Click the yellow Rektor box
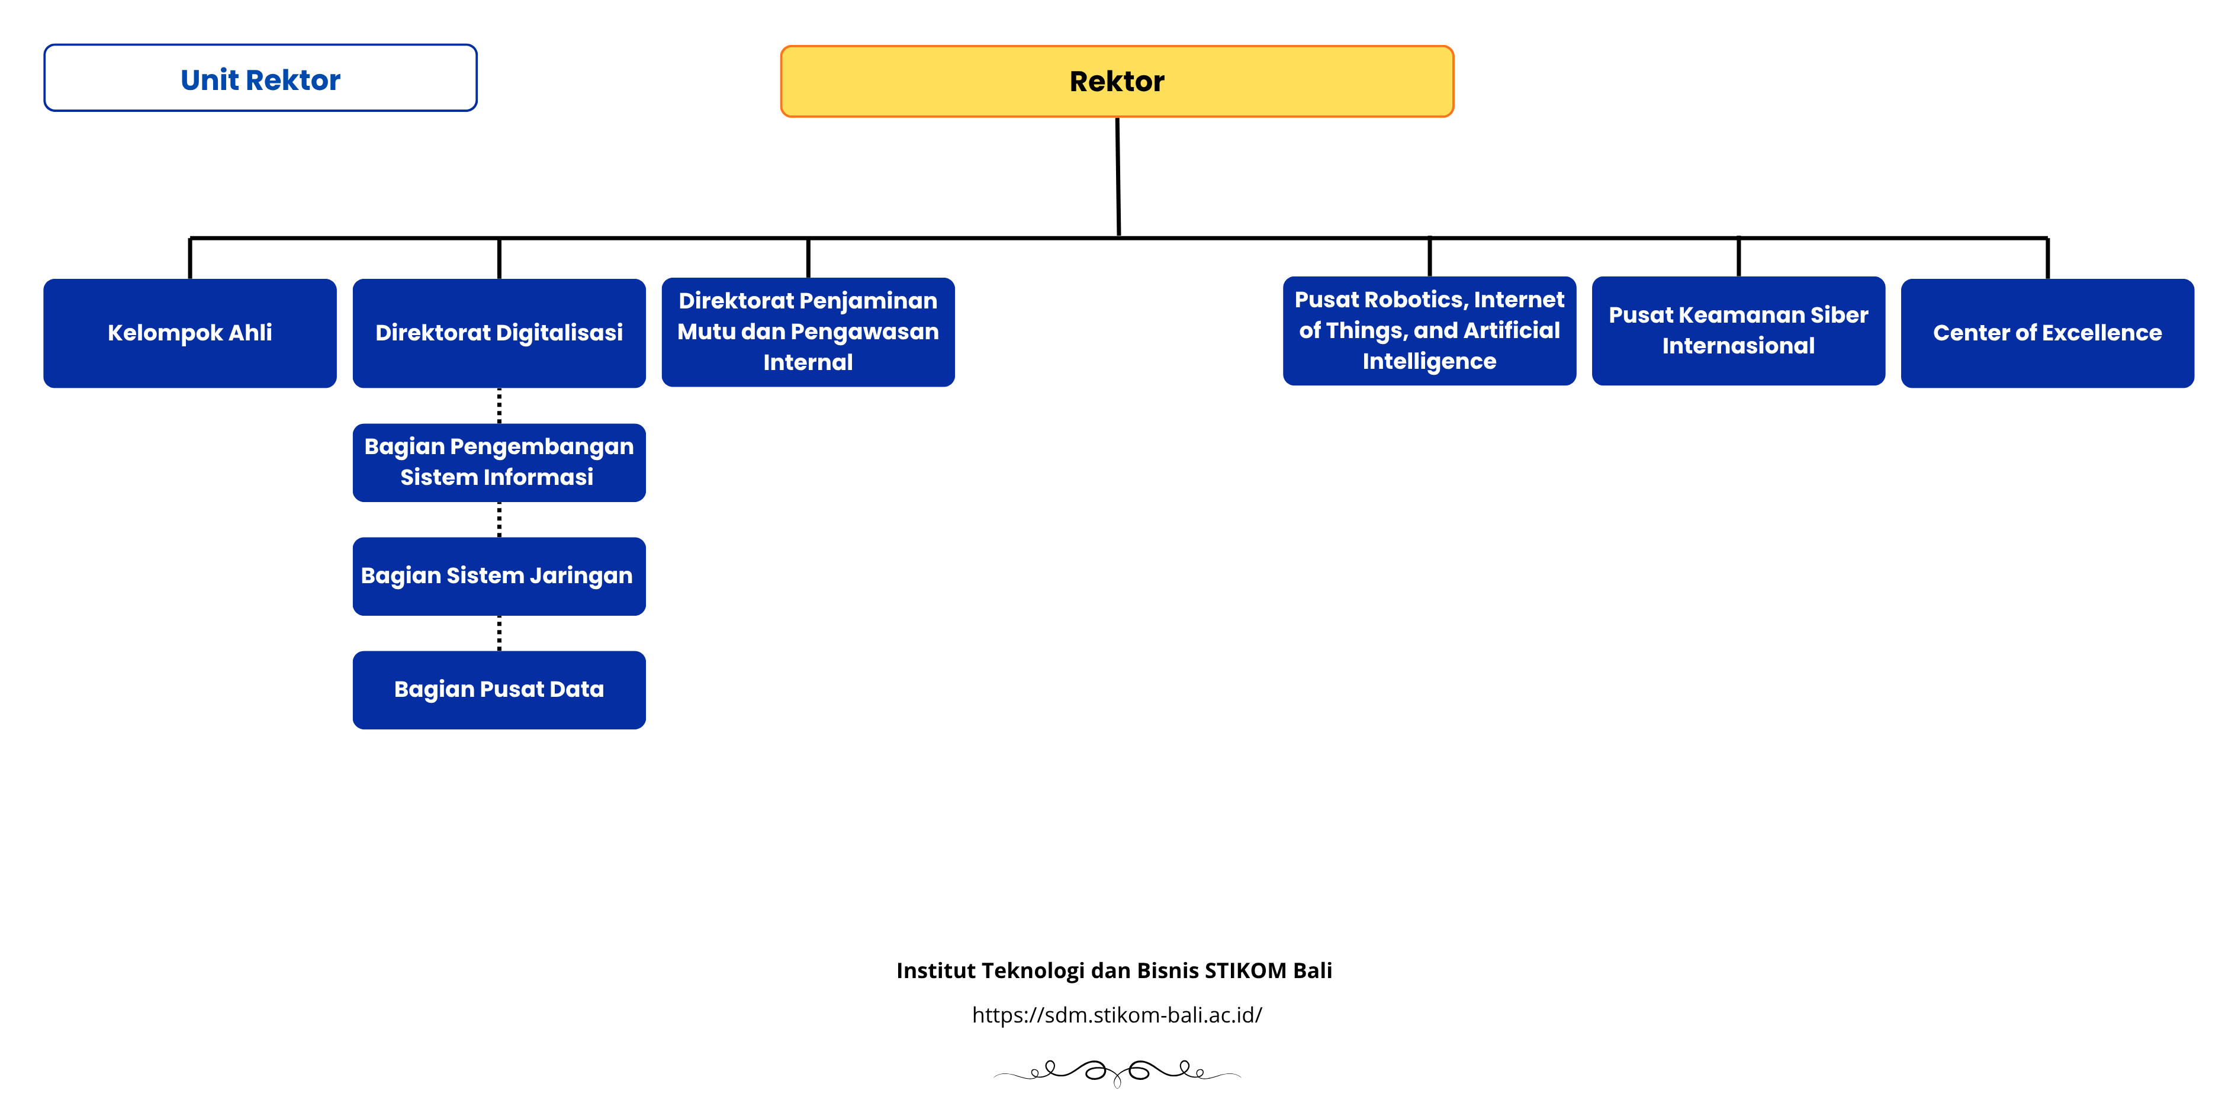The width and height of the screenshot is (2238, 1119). tap(1117, 81)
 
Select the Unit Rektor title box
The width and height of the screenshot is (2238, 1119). tap(260, 78)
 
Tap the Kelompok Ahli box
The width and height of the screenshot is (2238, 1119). tap(189, 333)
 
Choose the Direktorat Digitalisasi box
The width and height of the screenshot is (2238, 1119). tap(499, 333)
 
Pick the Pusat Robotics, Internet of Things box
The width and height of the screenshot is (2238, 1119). tap(1429, 331)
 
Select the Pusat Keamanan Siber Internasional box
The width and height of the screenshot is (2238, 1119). tap(1738, 331)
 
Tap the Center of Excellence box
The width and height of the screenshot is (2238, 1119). tap(2047, 333)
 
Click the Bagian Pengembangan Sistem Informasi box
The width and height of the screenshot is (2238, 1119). tap(499, 462)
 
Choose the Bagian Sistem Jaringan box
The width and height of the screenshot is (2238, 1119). tap(499, 576)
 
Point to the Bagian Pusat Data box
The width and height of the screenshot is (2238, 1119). tap(499, 690)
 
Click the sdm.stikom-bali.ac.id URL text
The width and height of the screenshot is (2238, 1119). tap(1117, 1015)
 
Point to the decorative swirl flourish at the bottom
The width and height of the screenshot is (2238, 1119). tap(1117, 1072)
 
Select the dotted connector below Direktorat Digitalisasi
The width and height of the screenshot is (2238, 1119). tap(499, 406)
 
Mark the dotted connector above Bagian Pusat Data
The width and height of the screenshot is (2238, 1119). tap(499, 634)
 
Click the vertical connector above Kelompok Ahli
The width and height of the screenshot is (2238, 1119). tap(189, 258)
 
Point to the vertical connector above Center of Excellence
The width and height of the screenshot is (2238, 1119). tap(2047, 258)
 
